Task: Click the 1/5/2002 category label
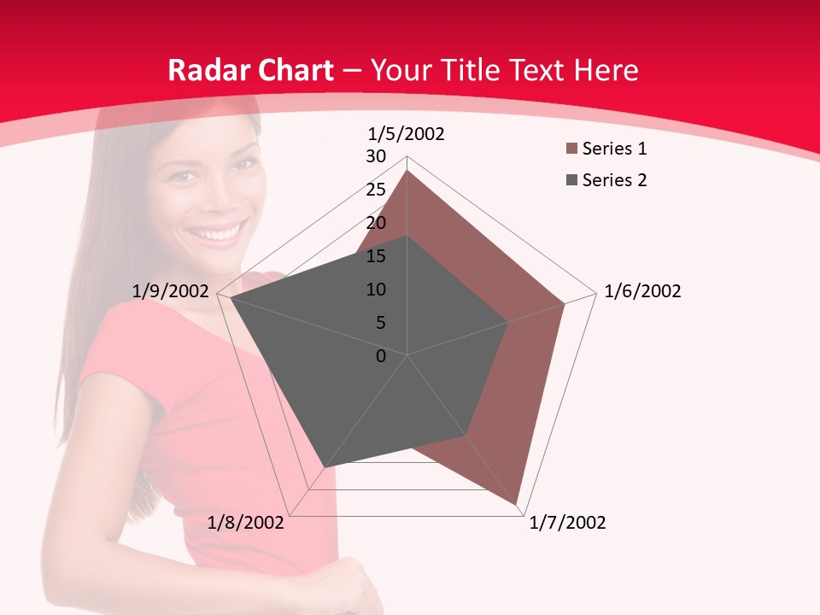pyautogui.click(x=406, y=134)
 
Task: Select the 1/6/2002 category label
pyautogui.click(x=642, y=291)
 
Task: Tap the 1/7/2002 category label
pyautogui.click(x=567, y=523)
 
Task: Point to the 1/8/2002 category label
pyautogui.click(x=246, y=523)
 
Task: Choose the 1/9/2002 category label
pyautogui.click(x=171, y=291)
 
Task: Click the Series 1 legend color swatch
pyautogui.click(x=570, y=149)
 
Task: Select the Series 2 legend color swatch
pyautogui.click(x=570, y=180)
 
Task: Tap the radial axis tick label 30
pyautogui.click(x=376, y=156)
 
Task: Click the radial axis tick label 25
pyautogui.click(x=376, y=190)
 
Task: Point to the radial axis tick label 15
pyautogui.click(x=376, y=256)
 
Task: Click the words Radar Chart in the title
pyautogui.click(x=250, y=70)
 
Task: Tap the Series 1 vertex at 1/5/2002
pyautogui.click(x=407, y=170)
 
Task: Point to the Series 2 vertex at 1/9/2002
pyautogui.click(x=231, y=298)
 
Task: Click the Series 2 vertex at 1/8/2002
pyautogui.click(x=325, y=468)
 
